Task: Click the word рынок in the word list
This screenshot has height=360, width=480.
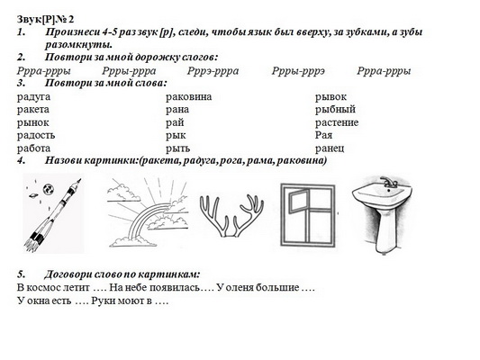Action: tap(33, 122)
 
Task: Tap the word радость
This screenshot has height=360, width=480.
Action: tap(36, 136)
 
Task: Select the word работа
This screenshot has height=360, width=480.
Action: tap(33, 148)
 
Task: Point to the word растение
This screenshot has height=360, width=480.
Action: tap(337, 122)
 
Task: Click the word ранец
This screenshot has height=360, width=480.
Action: tap(330, 148)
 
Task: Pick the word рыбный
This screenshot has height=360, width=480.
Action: tap(335, 110)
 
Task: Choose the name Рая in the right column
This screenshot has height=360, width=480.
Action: tap(323, 135)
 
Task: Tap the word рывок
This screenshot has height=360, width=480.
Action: tap(331, 97)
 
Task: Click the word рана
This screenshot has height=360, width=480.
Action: tap(177, 110)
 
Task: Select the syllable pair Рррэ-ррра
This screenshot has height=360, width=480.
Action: tap(213, 71)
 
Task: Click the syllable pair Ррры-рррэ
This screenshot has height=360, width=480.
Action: tap(298, 71)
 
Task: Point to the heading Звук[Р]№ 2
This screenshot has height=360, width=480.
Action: tap(45, 19)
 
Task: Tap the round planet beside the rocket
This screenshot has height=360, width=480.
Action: tap(48, 189)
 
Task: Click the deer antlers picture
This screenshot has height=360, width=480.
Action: tap(231, 216)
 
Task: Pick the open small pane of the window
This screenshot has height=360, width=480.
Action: tap(299, 202)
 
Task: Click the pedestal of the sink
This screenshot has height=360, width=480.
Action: tap(385, 229)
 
